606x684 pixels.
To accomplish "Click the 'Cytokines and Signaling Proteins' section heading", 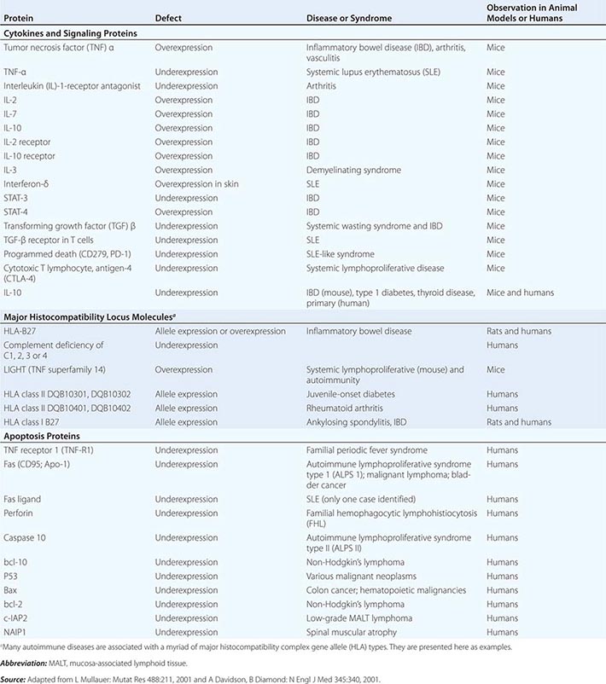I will [x=69, y=32].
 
